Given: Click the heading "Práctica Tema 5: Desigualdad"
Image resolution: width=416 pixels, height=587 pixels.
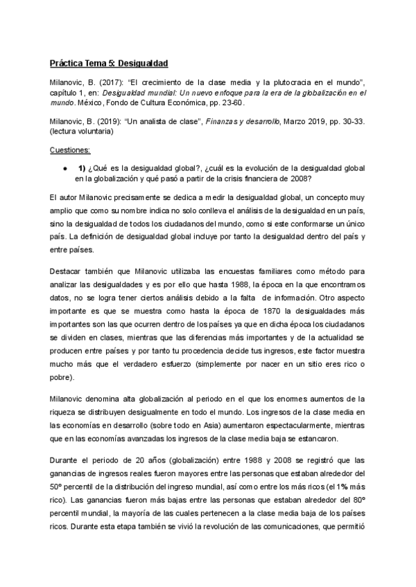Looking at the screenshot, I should tap(109, 63).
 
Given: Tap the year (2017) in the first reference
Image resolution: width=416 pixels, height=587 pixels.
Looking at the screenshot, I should tap(101, 82).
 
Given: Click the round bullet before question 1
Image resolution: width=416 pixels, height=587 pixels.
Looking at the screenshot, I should tap(64, 168).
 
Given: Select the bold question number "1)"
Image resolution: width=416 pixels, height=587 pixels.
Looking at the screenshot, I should tap(82, 168).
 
